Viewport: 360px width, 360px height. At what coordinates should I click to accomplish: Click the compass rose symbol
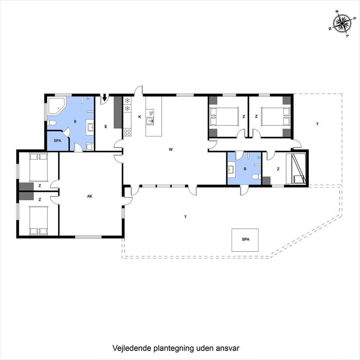pos(342,24)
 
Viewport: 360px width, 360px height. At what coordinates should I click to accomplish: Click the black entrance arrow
pos(105,98)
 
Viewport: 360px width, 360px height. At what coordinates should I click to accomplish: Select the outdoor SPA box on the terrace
pos(245,240)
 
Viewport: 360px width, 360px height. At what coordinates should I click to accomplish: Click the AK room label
pos(90,196)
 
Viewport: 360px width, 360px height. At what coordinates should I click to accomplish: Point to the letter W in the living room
pos(171,149)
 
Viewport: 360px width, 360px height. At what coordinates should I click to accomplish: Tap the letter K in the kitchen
pos(140,117)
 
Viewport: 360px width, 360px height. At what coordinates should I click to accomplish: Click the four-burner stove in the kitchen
pos(127,133)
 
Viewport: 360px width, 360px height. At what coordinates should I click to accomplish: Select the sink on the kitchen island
pos(150,121)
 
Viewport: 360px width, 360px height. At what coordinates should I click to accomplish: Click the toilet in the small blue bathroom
pos(256,177)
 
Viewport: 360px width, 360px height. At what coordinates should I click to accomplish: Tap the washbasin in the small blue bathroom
pos(231,170)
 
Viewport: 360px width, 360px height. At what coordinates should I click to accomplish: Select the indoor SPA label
pos(57,141)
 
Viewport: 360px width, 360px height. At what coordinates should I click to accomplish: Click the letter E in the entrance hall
pos(105,127)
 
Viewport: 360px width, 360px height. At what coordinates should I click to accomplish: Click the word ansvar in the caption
pos(227,348)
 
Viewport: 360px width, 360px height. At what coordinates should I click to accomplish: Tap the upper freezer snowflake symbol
pos(127,100)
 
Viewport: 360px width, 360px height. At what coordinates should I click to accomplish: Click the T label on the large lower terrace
pos(185,217)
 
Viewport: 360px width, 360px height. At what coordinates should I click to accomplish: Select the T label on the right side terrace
pos(317,124)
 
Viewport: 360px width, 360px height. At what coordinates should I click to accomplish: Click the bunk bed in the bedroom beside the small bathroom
pos(296,169)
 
